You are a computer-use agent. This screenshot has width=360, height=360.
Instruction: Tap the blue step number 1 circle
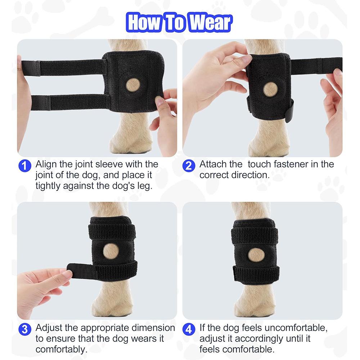coord(24,166)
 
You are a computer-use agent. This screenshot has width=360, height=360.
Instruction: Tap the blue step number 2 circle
coord(189,166)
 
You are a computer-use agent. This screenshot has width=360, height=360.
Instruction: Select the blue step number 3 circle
coord(24,329)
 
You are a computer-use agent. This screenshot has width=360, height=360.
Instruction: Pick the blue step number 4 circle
coord(189,329)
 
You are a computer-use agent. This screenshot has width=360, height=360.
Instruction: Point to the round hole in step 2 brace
coord(270,89)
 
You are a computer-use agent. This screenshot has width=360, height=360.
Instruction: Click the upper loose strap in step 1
coord(61,67)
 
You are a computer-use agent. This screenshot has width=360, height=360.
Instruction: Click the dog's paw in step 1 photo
coord(128,144)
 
